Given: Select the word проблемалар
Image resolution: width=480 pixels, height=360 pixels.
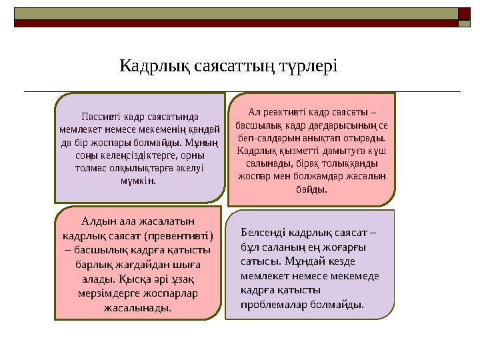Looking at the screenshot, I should pos(274,304).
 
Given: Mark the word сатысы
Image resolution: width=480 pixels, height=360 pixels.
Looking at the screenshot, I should pos(256,261).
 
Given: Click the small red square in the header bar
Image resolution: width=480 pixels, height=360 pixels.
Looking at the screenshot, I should pos(463,12).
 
